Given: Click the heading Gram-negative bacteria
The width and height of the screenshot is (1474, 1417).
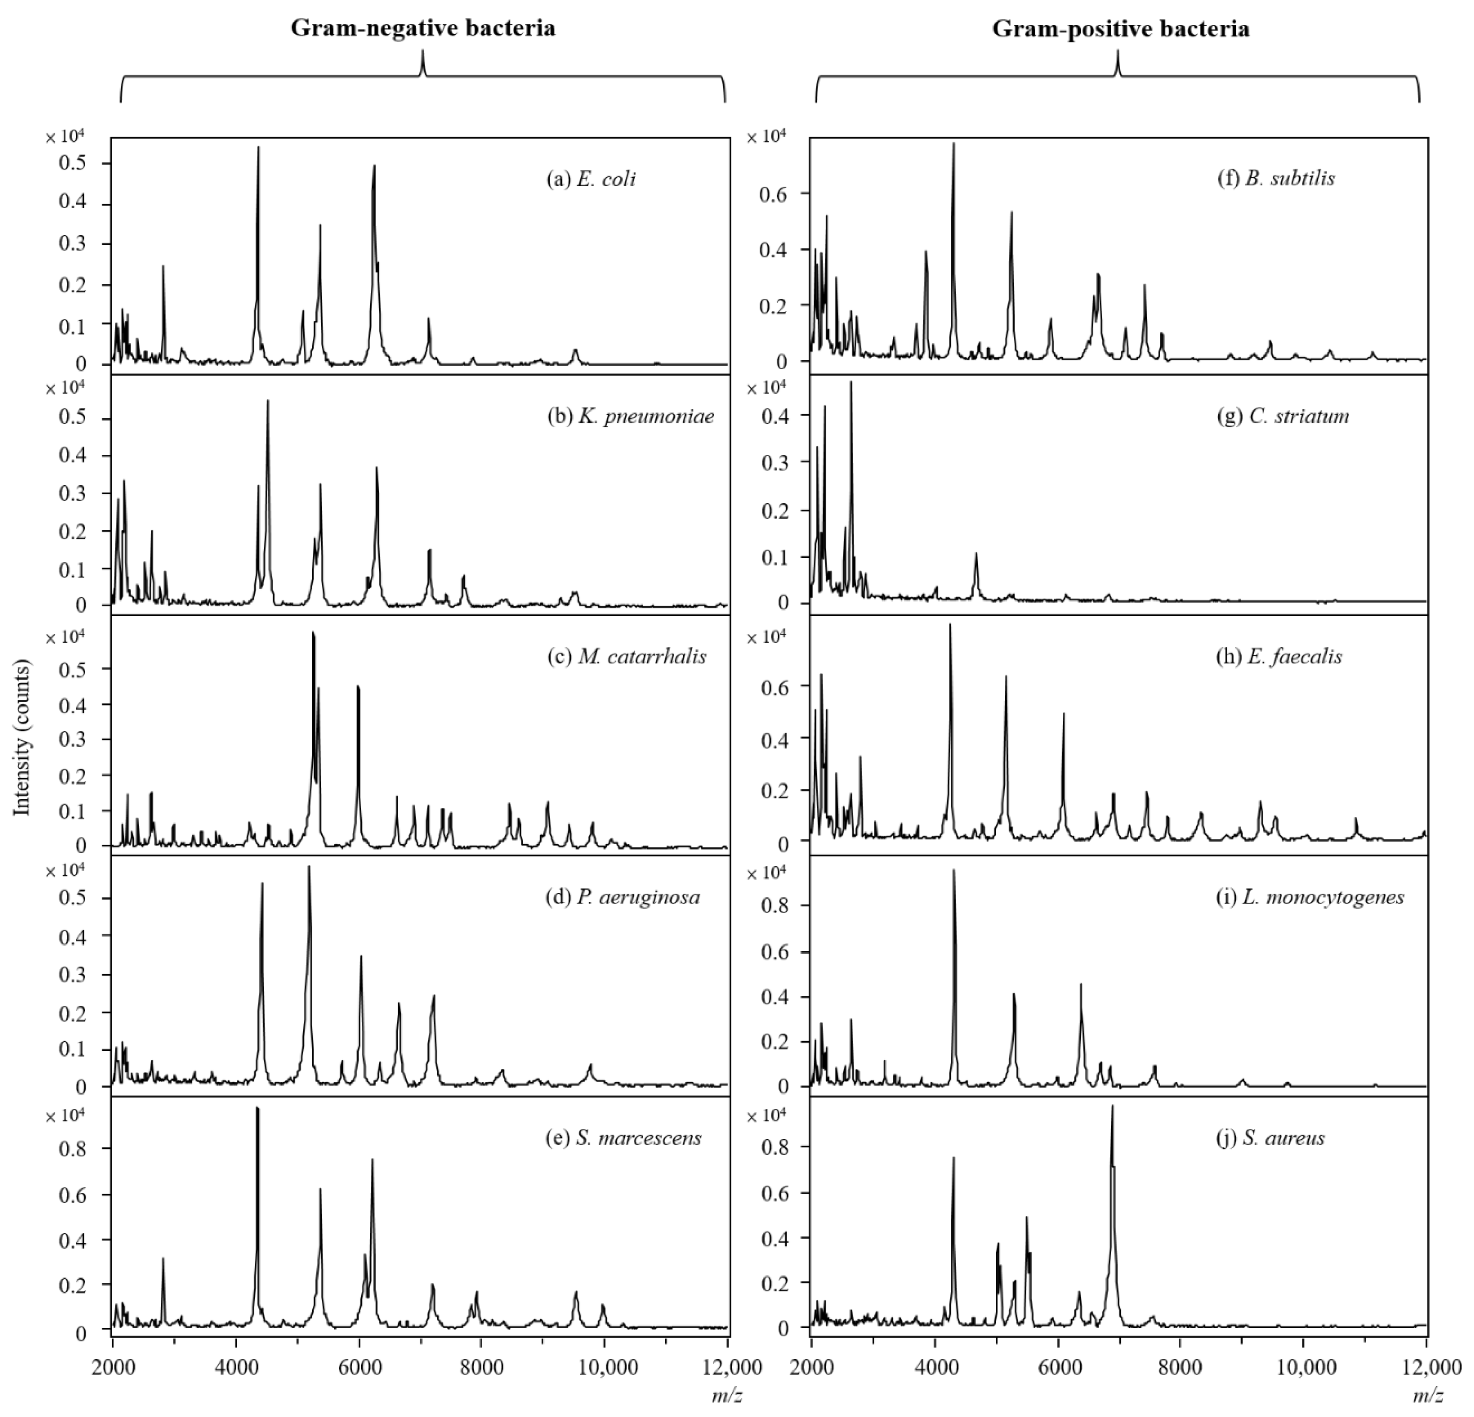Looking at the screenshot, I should coord(423,29).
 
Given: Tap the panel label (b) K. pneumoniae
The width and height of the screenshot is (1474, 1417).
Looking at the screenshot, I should coord(630,416).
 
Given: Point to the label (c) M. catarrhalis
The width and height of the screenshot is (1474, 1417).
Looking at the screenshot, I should coord(626,657).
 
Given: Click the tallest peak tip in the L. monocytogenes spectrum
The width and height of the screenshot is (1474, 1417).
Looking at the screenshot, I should coord(954,870).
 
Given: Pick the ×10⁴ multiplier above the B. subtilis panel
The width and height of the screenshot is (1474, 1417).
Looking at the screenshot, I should coord(765,137).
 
